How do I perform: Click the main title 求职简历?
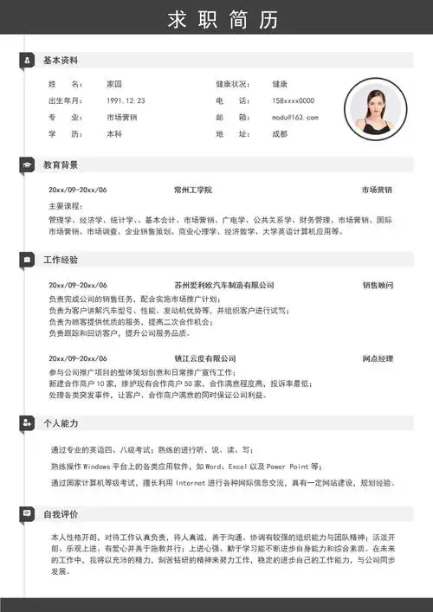click(216, 20)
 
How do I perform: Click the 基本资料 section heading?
click(61, 61)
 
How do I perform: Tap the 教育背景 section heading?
click(61, 164)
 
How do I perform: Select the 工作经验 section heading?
click(61, 260)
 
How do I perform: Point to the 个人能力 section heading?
click(61, 423)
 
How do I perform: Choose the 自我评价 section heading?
click(61, 515)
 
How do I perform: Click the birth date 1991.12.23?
click(126, 100)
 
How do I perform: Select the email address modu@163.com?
click(295, 117)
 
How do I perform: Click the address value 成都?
click(280, 134)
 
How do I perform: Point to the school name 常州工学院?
click(193, 190)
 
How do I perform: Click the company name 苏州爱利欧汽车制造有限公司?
click(224, 285)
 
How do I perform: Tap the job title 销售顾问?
click(378, 285)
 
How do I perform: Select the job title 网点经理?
click(378, 358)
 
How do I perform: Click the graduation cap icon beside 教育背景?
click(27, 164)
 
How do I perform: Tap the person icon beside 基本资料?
click(27, 61)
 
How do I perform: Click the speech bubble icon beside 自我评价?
click(27, 515)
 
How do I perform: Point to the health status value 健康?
click(280, 84)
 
